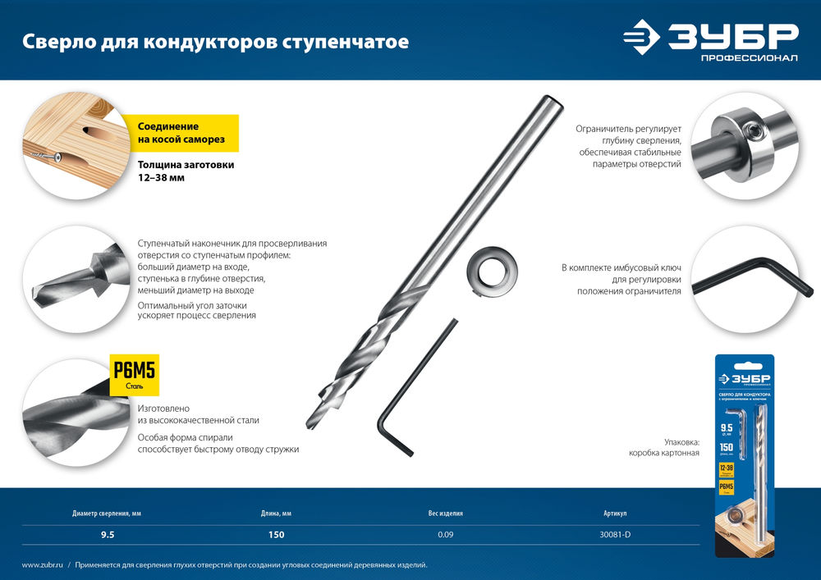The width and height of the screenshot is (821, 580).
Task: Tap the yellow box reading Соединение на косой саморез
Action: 181,133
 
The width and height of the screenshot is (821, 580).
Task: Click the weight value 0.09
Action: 446,535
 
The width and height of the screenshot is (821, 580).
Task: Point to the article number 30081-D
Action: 615,535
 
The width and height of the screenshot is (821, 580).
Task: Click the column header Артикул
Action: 615,514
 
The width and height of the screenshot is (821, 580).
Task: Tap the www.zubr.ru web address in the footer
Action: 40,565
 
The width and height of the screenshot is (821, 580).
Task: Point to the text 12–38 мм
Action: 161,178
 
